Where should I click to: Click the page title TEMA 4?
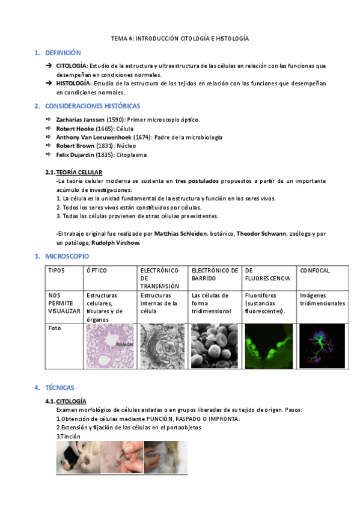pos(180,38)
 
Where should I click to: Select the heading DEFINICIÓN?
pos(63,53)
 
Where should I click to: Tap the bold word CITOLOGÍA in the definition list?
pos(72,66)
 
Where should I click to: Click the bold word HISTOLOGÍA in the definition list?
pos(73,84)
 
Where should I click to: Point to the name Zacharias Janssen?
pos(81,120)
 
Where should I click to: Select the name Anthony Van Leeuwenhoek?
pos(90,137)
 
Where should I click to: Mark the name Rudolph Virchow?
pos(115,243)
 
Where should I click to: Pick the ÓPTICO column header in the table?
pos(97,271)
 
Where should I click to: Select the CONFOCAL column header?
pos(315,271)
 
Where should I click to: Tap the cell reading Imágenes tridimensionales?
pos(322,300)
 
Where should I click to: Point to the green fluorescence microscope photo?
pos(268,346)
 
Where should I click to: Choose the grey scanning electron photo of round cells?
pos(215,346)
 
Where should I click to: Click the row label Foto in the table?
pos(55,328)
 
